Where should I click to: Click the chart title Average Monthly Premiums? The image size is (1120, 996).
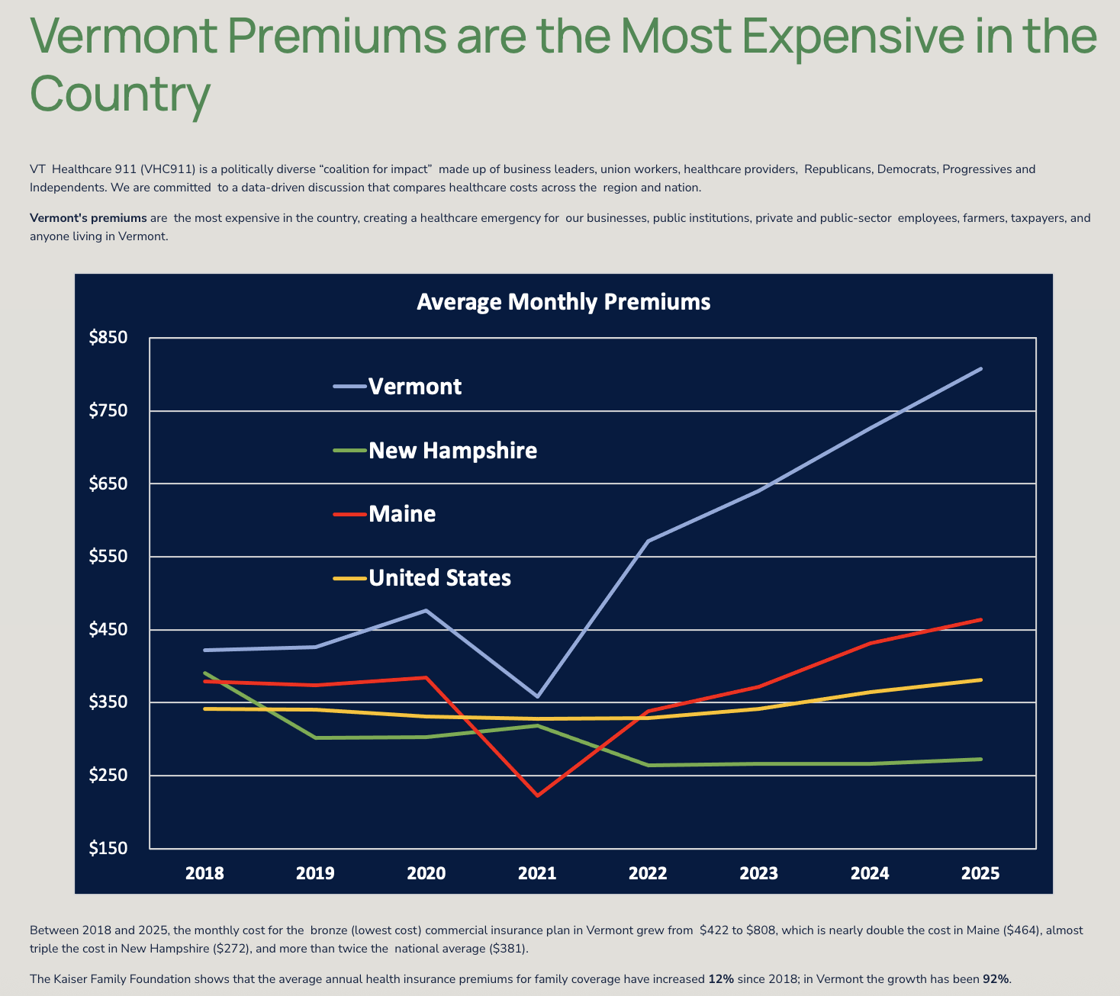coord(563,302)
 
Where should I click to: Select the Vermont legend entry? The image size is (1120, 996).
coord(414,387)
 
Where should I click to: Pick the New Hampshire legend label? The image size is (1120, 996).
coord(452,451)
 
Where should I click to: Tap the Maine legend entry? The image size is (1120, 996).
coord(402,514)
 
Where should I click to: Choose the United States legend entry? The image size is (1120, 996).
coord(439,578)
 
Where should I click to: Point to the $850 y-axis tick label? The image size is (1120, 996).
coord(108,337)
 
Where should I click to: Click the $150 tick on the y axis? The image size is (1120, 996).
coord(108,848)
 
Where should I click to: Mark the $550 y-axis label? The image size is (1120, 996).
coord(108,557)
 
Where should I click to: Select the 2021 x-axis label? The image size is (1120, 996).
coord(537,873)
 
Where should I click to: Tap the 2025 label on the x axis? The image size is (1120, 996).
coord(980,873)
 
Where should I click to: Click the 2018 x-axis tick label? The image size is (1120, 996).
coord(204,873)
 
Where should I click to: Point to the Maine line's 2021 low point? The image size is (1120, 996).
coord(537,795)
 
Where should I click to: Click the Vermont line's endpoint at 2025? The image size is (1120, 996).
coord(980,369)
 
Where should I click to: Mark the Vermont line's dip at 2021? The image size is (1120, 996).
coord(537,696)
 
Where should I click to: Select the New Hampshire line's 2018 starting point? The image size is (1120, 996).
coord(204,673)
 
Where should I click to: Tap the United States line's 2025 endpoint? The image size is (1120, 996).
coord(980,680)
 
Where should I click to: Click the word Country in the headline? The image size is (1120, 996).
coord(120,93)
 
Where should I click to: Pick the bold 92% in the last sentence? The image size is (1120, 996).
coord(996,978)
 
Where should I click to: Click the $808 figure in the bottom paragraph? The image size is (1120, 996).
coord(761,930)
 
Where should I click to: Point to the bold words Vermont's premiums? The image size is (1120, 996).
coord(88,218)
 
